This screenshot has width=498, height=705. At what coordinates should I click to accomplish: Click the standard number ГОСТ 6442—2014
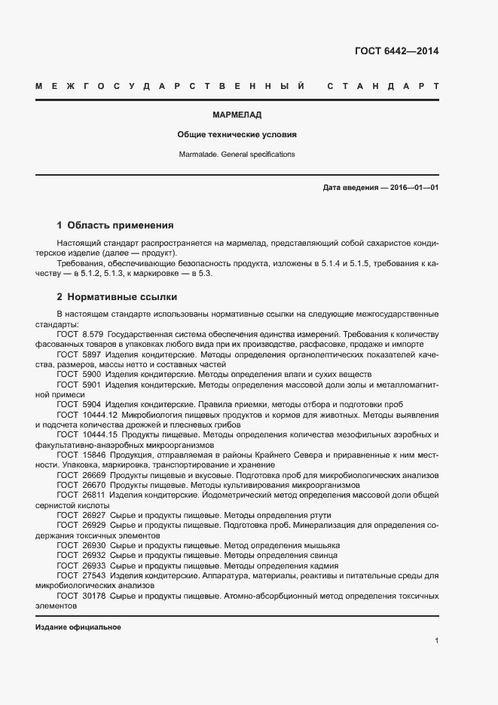point(396,51)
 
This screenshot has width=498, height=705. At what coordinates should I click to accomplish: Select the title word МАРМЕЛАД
point(237,115)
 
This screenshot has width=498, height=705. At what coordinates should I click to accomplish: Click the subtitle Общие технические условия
point(237,135)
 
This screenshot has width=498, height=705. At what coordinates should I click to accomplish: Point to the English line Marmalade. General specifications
point(237,154)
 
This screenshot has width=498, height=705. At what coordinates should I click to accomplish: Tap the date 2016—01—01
point(414,187)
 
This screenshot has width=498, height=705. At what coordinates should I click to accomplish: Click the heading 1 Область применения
point(115,225)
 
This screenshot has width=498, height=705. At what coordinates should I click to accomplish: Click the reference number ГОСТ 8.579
point(80,333)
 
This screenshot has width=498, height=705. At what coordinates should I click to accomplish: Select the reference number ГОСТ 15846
point(81,455)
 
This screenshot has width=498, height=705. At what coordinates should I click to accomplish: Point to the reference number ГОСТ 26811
point(81,495)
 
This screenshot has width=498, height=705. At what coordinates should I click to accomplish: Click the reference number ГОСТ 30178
point(81,596)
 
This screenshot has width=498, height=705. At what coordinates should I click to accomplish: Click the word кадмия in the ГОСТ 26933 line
point(323,566)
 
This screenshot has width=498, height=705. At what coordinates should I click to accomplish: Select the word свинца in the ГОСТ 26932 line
point(322,556)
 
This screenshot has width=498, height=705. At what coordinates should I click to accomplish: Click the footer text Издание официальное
point(78,627)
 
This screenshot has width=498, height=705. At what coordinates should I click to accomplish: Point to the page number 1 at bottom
point(436,641)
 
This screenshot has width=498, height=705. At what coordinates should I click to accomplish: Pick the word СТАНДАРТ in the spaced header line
point(383,87)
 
